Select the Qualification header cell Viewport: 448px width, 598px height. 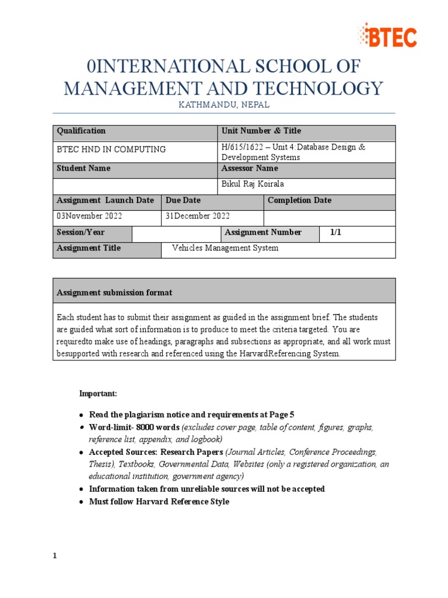tap(81, 131)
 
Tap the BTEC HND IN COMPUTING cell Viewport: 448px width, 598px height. tap(111, 149)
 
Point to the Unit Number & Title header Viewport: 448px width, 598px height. tap(261, 131)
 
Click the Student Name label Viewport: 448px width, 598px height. tap(83, 169)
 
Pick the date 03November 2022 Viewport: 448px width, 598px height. tap(89, 216)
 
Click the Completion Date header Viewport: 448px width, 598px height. tap(299, 200)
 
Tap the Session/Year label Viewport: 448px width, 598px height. tap(80, 232)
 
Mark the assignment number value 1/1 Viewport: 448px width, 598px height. tap(335, 232)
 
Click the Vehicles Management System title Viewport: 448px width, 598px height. tap(225, 248)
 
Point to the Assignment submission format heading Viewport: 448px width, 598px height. tap(114, 292)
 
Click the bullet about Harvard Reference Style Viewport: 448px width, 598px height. tap(159, 502)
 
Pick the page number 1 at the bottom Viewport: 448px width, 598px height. tap(55, 556)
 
